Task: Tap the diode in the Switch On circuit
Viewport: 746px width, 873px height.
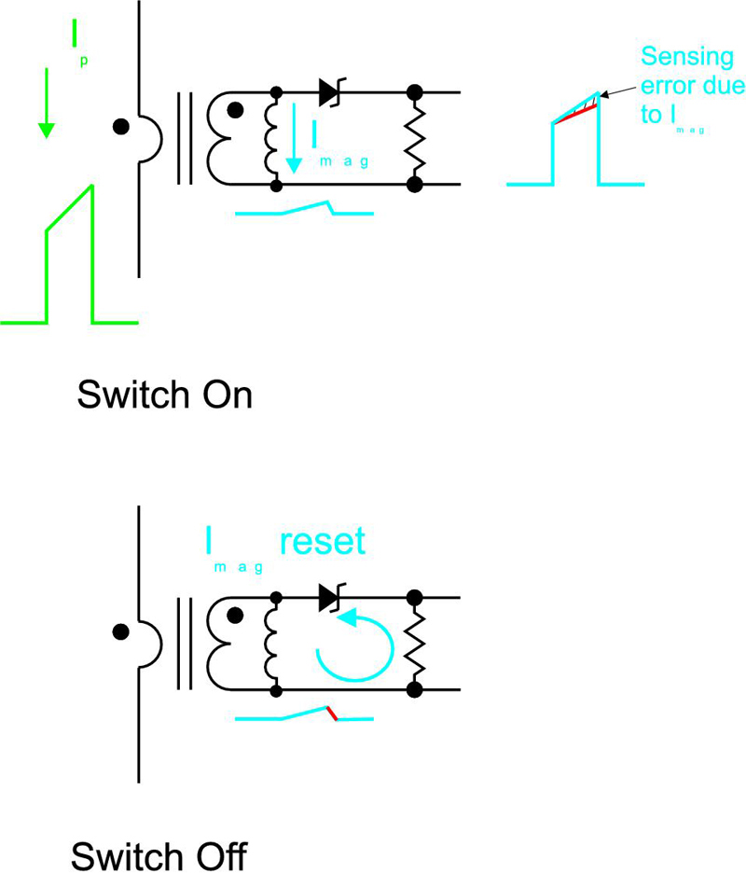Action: click(332, 92)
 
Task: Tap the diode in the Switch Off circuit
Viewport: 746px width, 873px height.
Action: click(332, 598)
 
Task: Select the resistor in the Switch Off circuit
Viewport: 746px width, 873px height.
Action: click(414, 644)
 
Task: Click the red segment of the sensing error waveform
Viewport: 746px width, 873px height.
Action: click(574, 114)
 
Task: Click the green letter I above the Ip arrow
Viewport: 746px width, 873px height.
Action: click(75, 35)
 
